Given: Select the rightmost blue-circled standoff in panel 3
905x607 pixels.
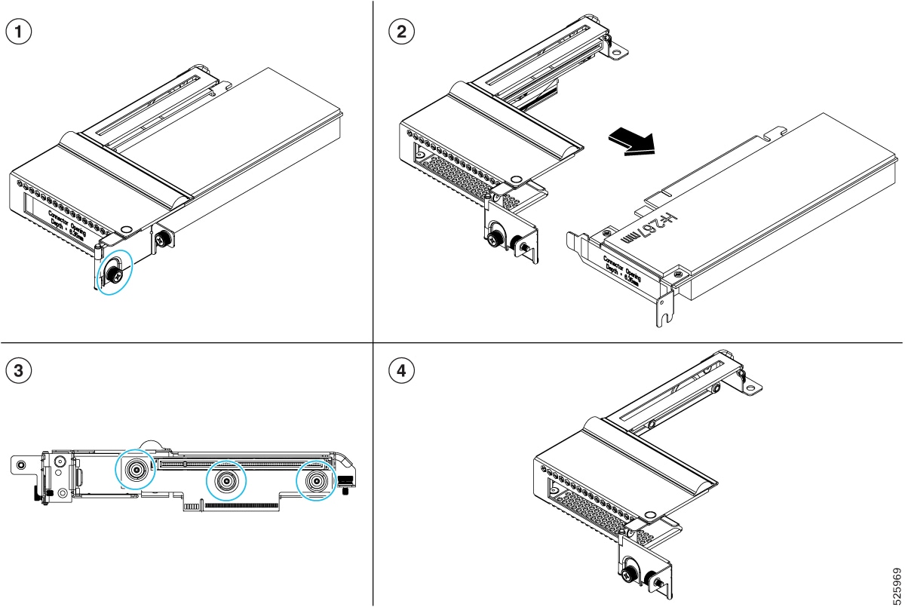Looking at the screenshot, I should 317,480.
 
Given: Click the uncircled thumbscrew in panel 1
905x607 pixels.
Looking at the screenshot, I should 161,240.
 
